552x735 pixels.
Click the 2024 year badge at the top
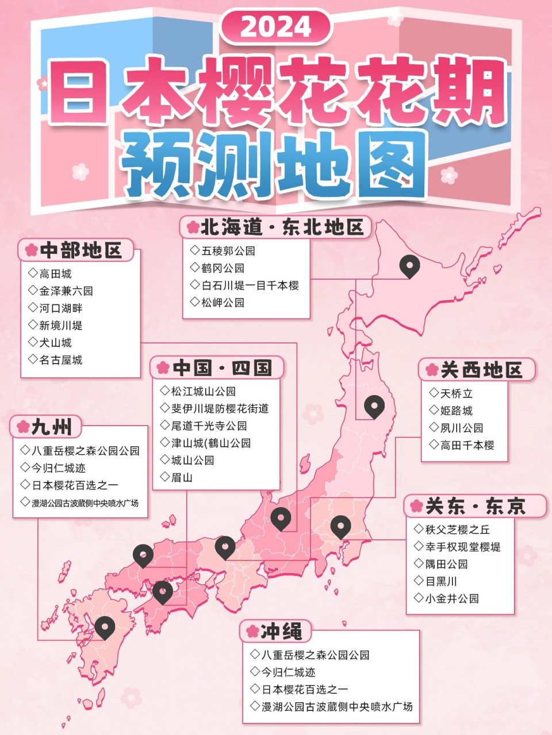click(x=275, y=27)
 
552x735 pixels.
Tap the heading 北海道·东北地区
click(x=275, y=227)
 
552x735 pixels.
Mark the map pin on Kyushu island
click(x=105, y=628)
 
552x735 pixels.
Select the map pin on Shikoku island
click(x=163, y=591)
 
